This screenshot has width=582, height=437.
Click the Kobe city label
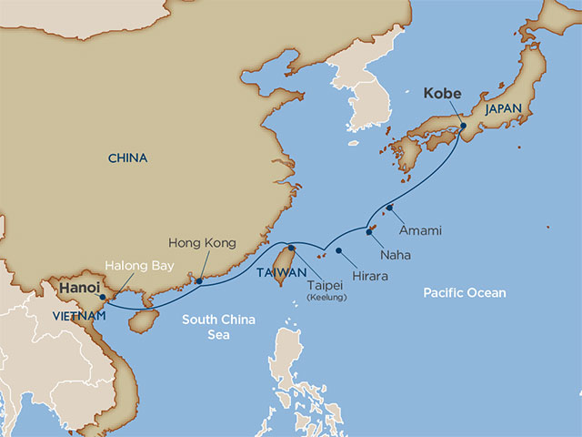pyautogui.click(x=442, y=93)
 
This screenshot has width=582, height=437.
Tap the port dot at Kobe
pyautogui.click(x=463, y=126)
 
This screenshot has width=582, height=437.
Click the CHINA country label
pyautogui.click(x=127, y=158)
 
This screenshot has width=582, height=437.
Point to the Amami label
pyautogui.click(x=420, y=230)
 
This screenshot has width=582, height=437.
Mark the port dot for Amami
pyautogui.click(x=390, y=208)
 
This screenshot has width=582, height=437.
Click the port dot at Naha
pyautogui.click(x=369, y=231)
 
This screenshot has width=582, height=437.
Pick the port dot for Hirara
pyautogui.click(x=338, y=250)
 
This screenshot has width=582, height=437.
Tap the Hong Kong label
pyautogui.click(x=202, y=243)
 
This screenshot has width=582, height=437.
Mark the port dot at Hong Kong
pyautogui.click(x=199, y=281)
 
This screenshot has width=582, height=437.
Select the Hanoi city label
pyautogui.click(x=79, y=289)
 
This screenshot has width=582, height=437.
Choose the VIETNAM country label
pyautogui.click(x=78, y=316)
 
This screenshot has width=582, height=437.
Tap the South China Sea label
pyautogui.click(x=218, y=327)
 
